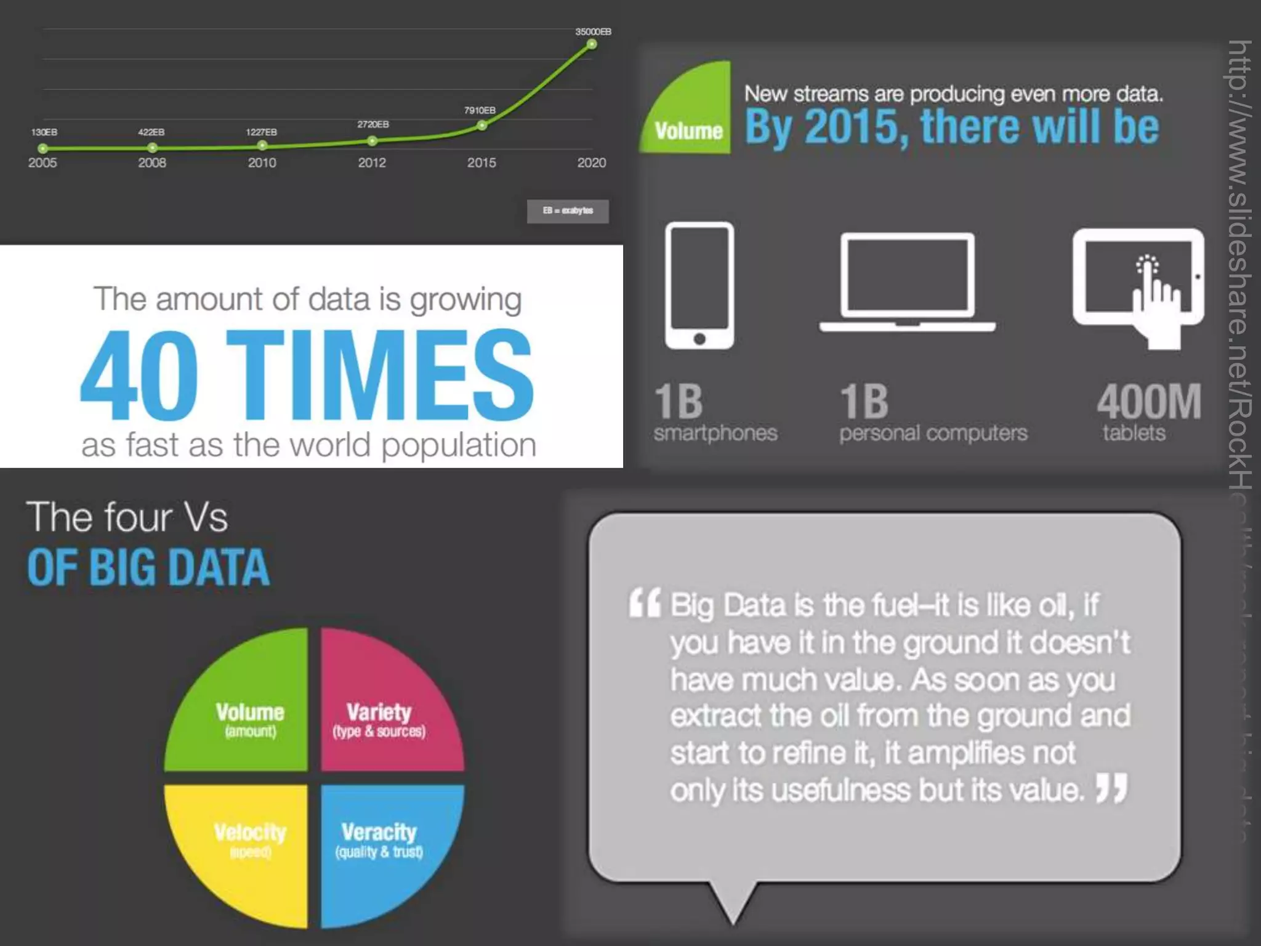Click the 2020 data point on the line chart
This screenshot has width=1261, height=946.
pyautogui.click(x=591, y=44)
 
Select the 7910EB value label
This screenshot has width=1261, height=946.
pyautogui.click(x=480, y=110)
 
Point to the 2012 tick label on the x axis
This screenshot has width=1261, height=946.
pyautogui.click(x=372, y=163)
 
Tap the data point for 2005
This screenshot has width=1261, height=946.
pyautogui.click(x=42, y=148)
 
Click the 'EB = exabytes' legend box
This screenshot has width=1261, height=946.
pyautogui.click(x=568, y=211)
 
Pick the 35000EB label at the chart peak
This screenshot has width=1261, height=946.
pyautogui.click(x=593, y=31)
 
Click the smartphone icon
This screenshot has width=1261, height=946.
pyautogui.click(x=699, y=286)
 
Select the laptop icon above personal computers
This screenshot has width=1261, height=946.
pyautogui.click(x=907, y=282)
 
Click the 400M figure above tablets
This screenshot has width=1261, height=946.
pyautogui.click(x=1149, y=402)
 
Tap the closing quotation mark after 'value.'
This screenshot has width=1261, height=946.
pyautogui.click(x=1112, y=789)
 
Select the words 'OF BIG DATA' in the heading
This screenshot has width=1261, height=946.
pyautogui.click(x=148, y=567)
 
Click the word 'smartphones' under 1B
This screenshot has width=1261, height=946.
pyautogui.click(x=715, y=433)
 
